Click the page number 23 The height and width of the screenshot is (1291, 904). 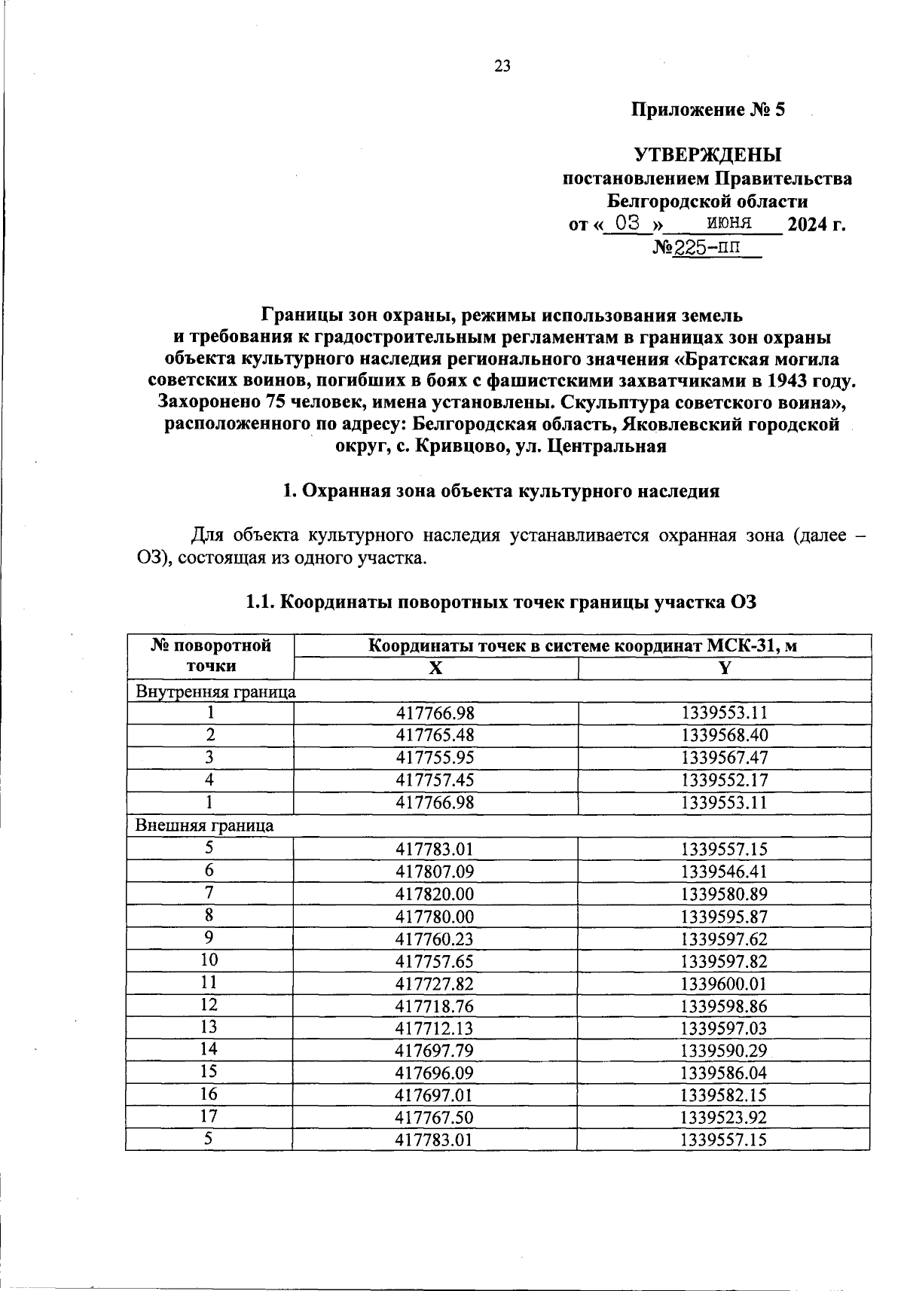[502, 66]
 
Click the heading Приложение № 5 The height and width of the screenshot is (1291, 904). [707, 110]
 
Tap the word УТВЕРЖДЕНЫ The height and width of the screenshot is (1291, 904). [707, 156]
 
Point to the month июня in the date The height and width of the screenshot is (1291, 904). [729, 223]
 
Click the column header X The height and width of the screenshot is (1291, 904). [435, 668]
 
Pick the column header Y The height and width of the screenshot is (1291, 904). [724, 668]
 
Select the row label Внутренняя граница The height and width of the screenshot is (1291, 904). [215, 691]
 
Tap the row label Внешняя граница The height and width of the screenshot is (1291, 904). [204, 826]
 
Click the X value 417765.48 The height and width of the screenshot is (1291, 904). [435, 735]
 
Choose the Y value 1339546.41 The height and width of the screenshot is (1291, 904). [724, 871]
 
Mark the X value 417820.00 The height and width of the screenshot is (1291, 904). [435, 894]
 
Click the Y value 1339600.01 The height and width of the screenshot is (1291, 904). [724, 984]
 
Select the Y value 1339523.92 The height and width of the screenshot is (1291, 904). [724, 1118]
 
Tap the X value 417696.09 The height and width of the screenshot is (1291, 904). [435, 1073]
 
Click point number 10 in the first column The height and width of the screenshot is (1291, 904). [209, 960]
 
